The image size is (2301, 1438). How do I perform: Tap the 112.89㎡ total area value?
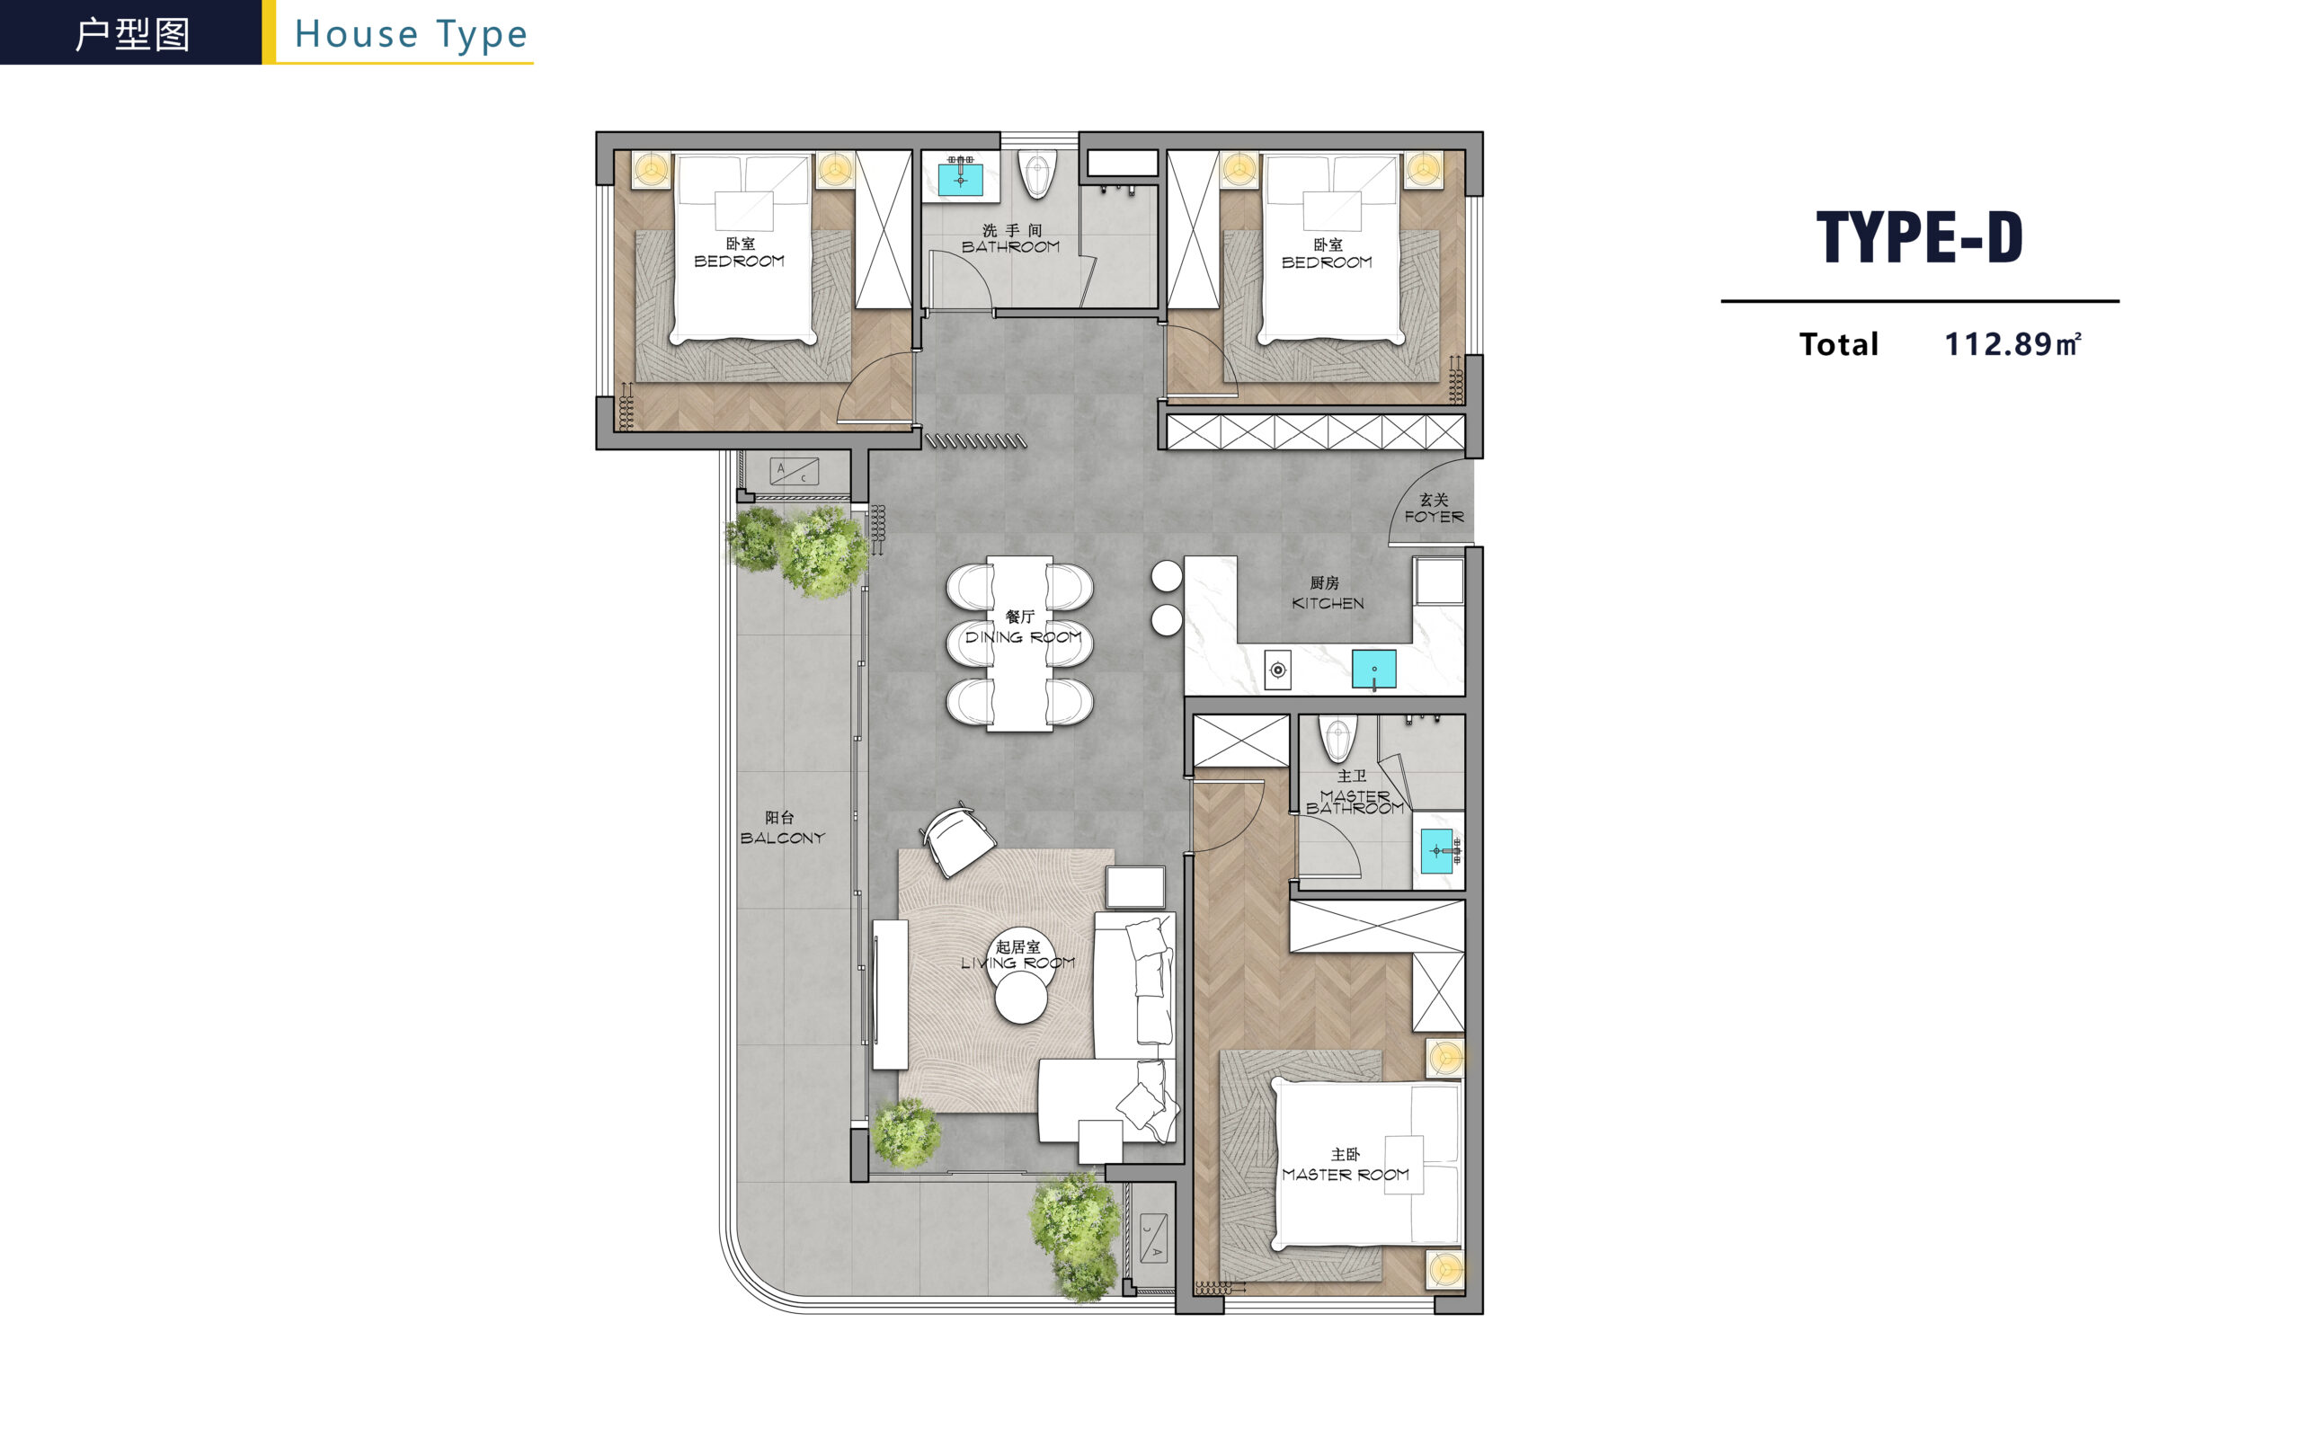[x=2012, y=343]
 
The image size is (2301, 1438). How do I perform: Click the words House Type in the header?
[x=411, y=34]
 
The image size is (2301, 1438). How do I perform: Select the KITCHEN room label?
[x=1328, y=603]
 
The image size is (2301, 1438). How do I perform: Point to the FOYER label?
[x=1434, y=517]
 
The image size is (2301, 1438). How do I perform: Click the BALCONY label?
[x=783, y=838]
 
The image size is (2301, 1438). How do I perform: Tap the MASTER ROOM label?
[x=1346, y=1175]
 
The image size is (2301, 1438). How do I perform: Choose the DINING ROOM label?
[x=1023, y=637]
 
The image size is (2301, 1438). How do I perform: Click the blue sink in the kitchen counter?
[x=1374, y=669]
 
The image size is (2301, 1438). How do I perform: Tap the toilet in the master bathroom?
[x=1337, y=738]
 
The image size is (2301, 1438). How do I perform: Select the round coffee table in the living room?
[x=1021, y=998]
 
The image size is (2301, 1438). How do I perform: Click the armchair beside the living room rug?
[x=957, y=838]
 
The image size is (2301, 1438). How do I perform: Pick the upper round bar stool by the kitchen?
[x=1167, y=575]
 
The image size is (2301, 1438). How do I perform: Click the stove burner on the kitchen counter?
[x=1278, y=670]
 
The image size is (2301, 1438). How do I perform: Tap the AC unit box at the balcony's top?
[x=794, y=471]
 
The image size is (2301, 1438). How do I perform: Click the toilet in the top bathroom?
[x=1037, y=174]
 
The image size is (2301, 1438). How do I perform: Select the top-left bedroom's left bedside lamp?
[x=653, y=170]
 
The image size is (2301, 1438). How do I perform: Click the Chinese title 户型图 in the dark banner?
[x=132, y=34]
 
